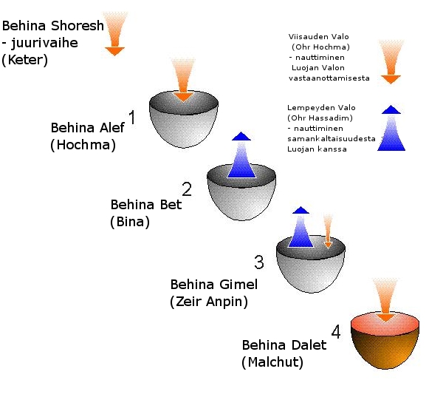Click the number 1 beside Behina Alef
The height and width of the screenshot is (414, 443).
pos(132,117)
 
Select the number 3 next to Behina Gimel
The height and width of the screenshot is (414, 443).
pos(258,262)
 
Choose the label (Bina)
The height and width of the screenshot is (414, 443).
pos(129,221)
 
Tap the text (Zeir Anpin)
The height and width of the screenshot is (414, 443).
pos(208,302)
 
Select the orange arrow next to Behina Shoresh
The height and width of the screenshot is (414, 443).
pos(114,33)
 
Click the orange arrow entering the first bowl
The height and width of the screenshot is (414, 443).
pos(183,81)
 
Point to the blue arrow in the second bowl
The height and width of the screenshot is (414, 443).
pos(241,157)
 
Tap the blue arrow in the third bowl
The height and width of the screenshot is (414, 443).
pos(300,228)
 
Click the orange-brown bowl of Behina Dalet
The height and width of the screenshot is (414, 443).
pos(384,347)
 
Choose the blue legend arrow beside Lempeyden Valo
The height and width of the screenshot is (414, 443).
pos(391,129)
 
